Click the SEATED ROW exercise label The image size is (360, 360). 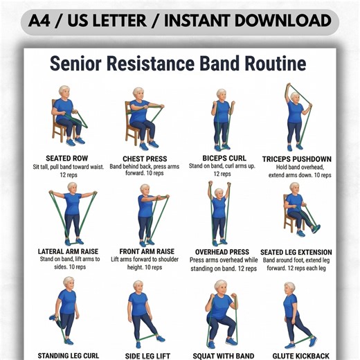pyautogui.click(x=67, y=159)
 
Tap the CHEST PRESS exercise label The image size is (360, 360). pyautogui.click(x=144, y=159)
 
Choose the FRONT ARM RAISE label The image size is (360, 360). pyautogui.click(x=145, y=251)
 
